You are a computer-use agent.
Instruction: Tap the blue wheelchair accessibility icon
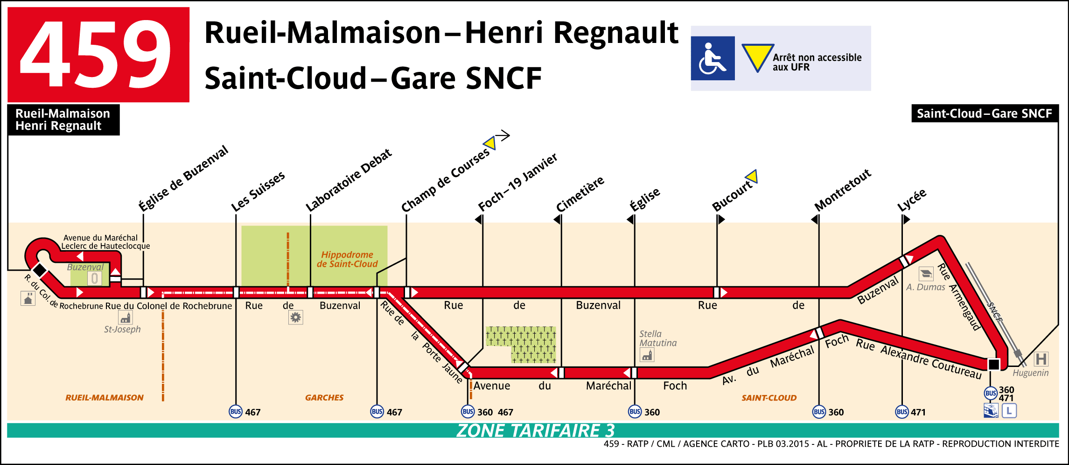[x=713, y=58]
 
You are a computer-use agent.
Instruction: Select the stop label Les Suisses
[x=258, y=191]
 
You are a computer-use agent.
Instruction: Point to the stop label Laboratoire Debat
[x=349, y=180]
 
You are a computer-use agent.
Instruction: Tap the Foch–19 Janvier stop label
[x=517, y=183]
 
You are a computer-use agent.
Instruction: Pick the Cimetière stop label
[x=580, y=194]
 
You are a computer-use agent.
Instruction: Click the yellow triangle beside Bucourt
[x=752, y=177]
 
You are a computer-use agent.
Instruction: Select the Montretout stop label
[x=843, y=190]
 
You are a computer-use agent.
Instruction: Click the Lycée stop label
[x=912, y=200]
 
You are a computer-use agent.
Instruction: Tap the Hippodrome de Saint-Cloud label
[x=347, y=259]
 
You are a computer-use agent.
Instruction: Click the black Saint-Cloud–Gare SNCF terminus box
[x=985, y=113]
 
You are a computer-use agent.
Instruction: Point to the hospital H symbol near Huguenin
[x=1041, y=359]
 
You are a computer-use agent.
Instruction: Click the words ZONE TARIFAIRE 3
[x=535, y=430]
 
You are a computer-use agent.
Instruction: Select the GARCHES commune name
[x=324, y=398]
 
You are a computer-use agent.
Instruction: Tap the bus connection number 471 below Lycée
[x=918, y=412]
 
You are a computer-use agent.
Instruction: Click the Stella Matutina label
[x=657, y=338]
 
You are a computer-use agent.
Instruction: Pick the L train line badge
[x=1009, y=411]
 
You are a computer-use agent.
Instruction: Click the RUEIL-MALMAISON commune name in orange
[x=105, y=398]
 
